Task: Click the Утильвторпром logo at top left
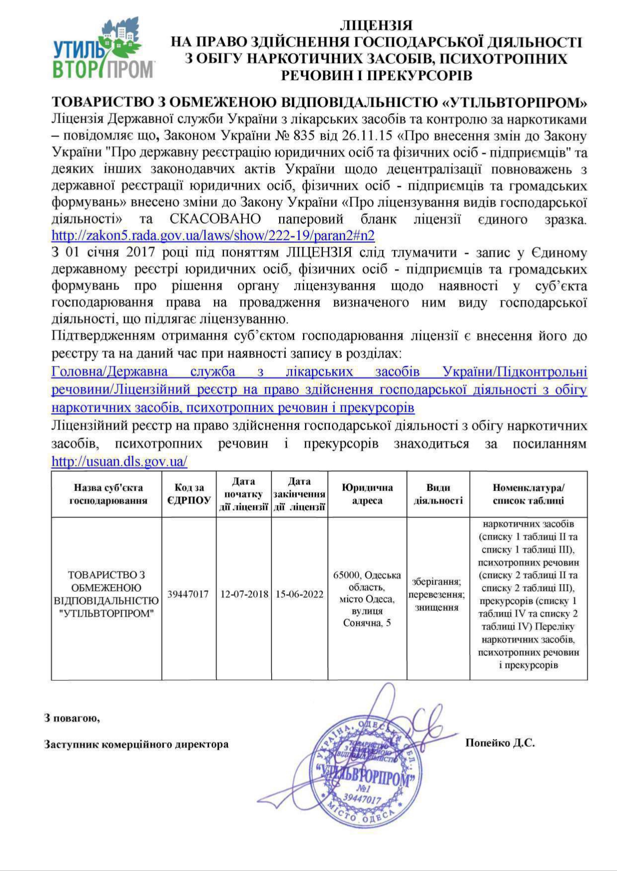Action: [x=104, y=50]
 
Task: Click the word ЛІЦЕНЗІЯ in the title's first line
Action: [x=376, y=25]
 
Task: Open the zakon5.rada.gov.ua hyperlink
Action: [x=213, y=235]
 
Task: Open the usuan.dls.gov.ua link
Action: [x=119, y=461]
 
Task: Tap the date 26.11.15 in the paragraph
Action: [x=369, y=135]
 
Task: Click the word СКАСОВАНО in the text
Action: [x=215, y=218]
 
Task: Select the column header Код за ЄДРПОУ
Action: [x=189, y=494]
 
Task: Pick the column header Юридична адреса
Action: [x=367, y=494]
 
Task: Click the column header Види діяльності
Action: [x=438, y=494]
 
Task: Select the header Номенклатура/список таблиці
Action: [x=528, y=494]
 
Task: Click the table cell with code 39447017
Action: [x=188, y=594]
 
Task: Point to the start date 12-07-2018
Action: [x=244, y=594]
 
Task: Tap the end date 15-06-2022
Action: [x=300, y=594]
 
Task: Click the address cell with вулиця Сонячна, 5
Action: [x=367, y=598]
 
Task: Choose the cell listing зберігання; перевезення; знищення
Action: [x=437, y=594]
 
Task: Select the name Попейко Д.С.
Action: [x=500, y=743]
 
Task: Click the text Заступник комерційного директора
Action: [x=137, y=744]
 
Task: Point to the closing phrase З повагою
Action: [x=72, y=718]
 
